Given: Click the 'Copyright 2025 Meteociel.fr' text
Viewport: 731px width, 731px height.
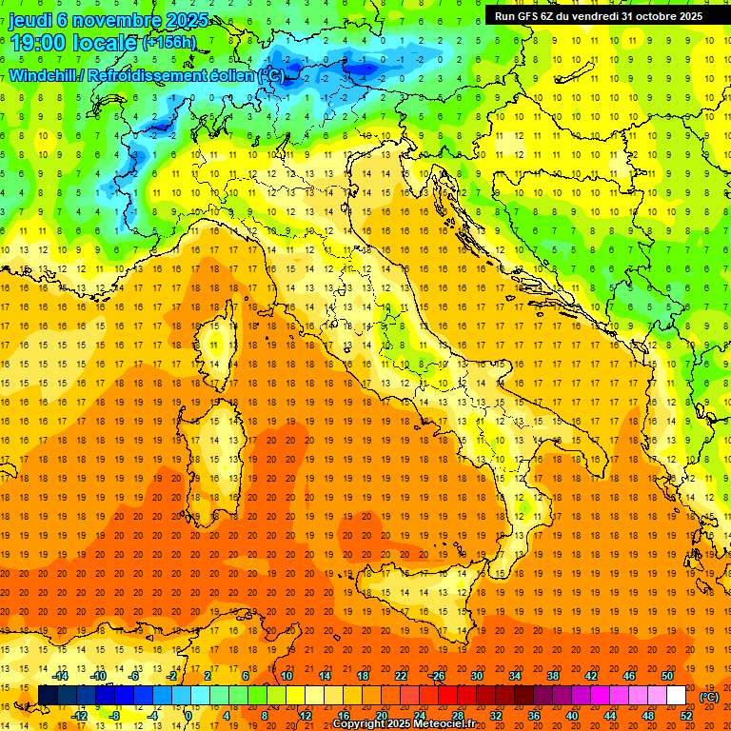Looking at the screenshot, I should click(x=405, y=724).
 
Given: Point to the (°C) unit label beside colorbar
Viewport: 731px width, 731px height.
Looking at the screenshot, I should click(x=709, y=697).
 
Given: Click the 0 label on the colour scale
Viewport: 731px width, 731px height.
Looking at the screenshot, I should click(x=189, y=716).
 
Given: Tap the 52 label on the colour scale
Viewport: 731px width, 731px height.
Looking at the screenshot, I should click(x=686, y=716).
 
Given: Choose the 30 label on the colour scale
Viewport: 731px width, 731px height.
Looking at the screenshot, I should click(x=476, y=675).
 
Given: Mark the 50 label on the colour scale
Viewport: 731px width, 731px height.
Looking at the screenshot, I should click(x=666, y=675).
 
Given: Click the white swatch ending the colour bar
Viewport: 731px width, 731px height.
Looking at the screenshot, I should click(x=676, y=696).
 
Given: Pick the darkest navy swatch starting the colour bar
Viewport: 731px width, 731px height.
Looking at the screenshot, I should click(x=48, y=696).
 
